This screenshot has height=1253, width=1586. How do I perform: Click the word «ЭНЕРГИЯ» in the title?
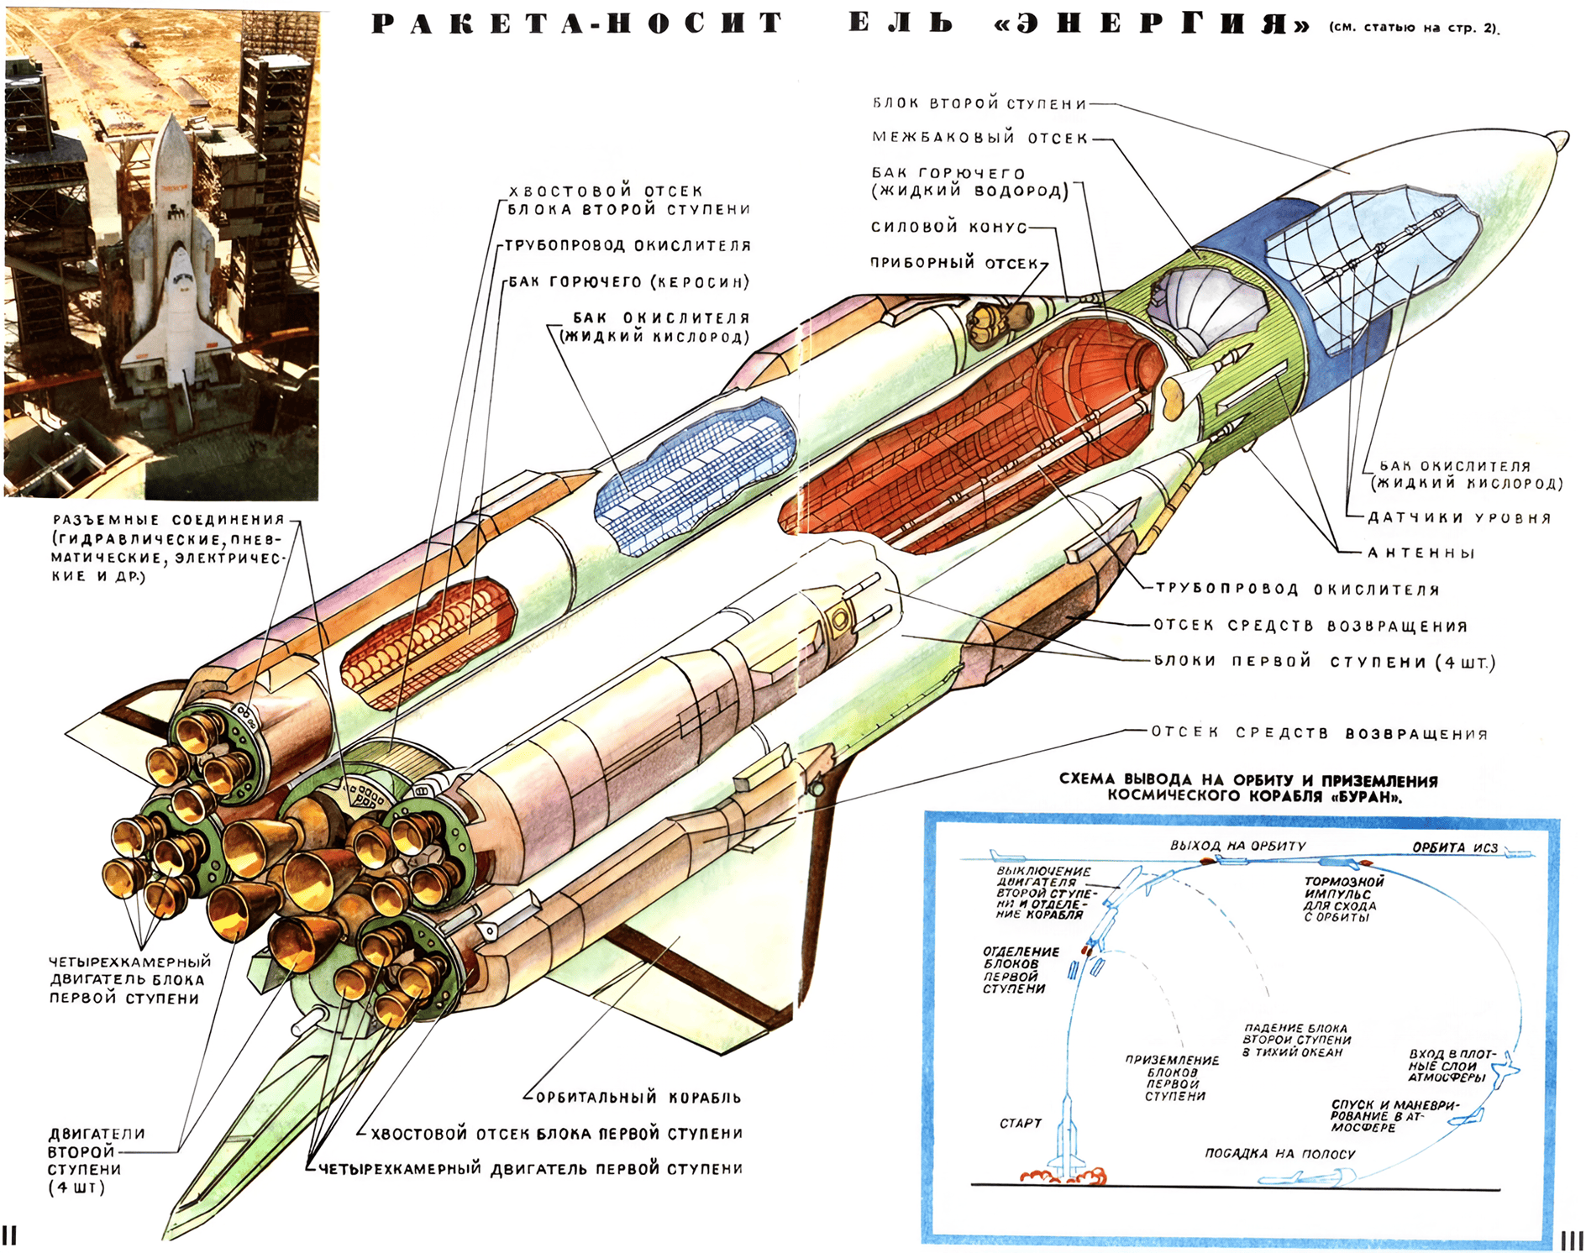pyautogui.click(x=1150, y=24)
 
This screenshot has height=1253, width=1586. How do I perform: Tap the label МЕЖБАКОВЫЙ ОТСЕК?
pyautogui.click(x=979, y=138)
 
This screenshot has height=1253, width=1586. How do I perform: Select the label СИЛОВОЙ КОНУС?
pyautogui.click(x=948, y=227)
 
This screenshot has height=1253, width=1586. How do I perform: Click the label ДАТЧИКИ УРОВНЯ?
pyautogui.click(x=1458, y=517)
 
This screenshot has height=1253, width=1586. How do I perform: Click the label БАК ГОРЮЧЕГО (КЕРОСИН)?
pyautogui.click(x=628, y=282)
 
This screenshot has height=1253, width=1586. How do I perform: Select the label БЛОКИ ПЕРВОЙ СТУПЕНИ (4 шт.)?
pyautogui.click(x=1324, y=662)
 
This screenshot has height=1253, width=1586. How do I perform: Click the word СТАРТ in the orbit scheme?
pyautogui.click(x=1020, y=1123)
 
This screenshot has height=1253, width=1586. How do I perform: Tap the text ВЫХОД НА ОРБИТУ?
pyautogui.click(x=1237, y=846)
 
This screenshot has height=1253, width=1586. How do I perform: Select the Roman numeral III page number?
pyautogui.click(x=1572, y=1240)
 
